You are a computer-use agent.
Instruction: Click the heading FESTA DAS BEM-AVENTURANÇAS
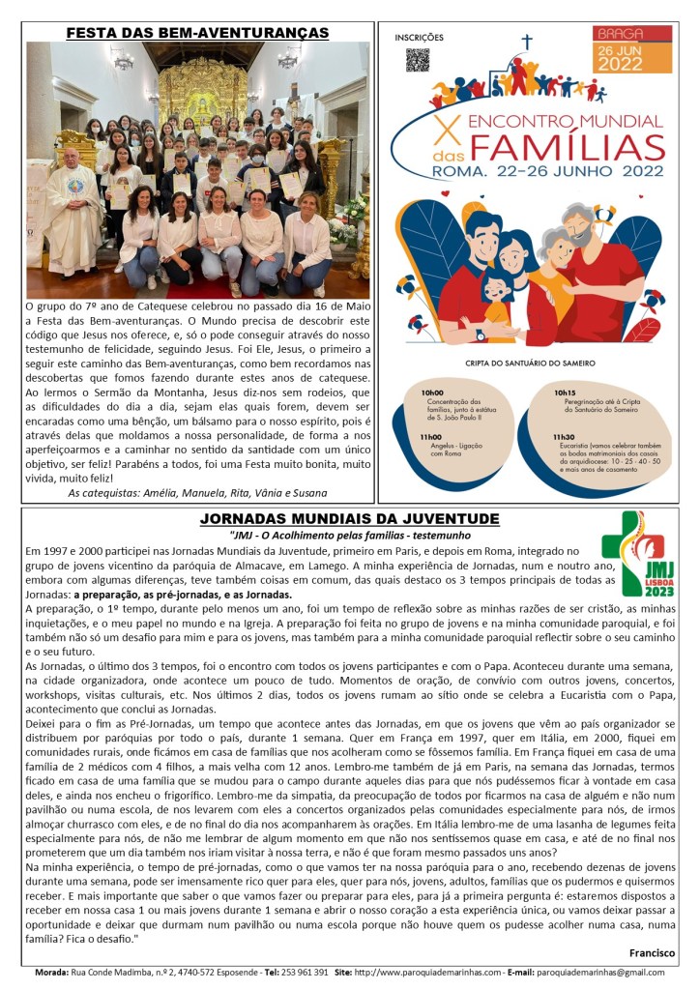197,33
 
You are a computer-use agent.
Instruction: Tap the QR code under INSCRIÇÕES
417,60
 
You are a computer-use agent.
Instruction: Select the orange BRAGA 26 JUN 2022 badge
633,50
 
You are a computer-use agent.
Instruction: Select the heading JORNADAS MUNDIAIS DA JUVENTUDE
349,519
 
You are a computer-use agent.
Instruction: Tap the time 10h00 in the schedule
431,393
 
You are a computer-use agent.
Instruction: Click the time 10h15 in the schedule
565,393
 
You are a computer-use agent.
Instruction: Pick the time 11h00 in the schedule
431,436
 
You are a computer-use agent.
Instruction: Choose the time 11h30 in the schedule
565,436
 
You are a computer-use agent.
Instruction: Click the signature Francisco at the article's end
652,952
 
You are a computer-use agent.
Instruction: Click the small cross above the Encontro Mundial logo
527,42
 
